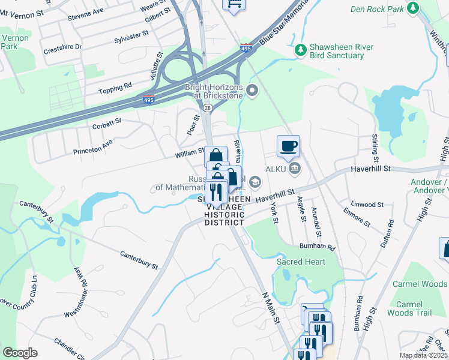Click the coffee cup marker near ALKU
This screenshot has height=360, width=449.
(x=288, y=146)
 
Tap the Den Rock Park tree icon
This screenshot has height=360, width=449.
(x=412, y=8)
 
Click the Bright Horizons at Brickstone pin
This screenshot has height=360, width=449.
(x=252, y=91)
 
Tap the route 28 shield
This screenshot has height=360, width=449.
(x=207, y=107)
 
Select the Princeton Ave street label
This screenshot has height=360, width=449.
(x=92, y=147)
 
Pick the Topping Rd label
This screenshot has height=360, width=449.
(x=115, y=88)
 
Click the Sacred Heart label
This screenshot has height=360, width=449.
(x=301, y=262)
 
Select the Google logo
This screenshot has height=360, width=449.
(x=20, y=353)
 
